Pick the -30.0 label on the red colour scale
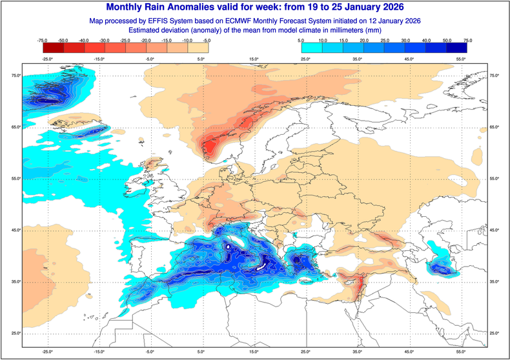point(104,40)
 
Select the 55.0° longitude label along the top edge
point(460,59)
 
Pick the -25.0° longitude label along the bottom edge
point(48,352)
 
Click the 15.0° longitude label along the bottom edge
point(253,352)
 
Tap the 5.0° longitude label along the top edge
point(201,59)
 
